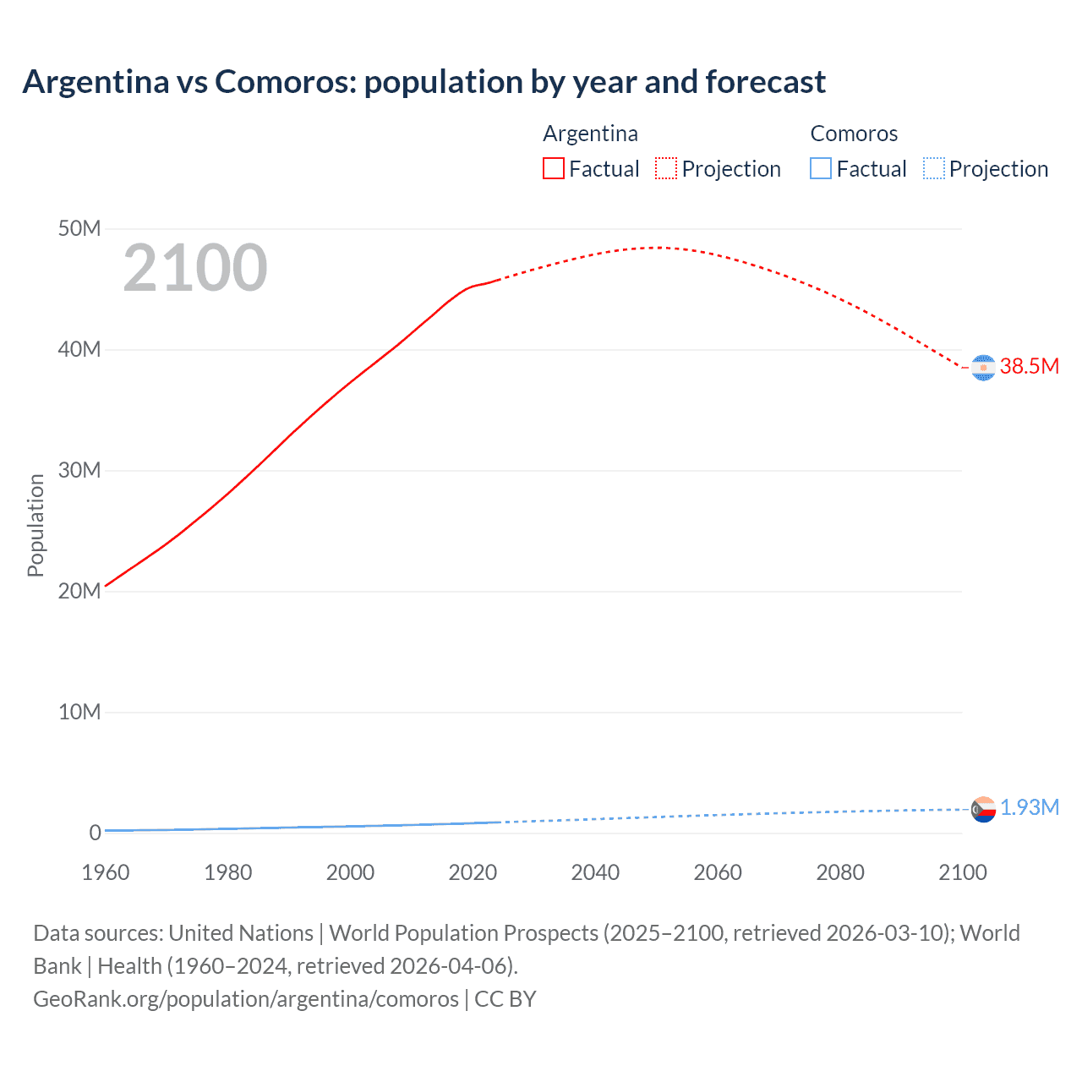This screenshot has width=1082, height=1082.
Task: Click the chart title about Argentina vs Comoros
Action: click(424, 82)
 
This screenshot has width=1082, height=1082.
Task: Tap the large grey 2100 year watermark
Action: click(195, 268)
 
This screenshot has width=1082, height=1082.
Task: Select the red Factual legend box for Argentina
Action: click(554, 169)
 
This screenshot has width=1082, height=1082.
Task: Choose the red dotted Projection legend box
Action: click(666, 169)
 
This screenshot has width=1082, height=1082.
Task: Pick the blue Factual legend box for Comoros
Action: click(821, 169)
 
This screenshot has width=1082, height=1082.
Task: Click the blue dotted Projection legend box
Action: click(934, 169)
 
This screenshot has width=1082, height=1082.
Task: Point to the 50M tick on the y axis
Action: click(79, 229)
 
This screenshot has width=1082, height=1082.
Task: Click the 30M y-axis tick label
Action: click(79, 471)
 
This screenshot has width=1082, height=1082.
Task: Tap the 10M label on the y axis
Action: click(79, 713)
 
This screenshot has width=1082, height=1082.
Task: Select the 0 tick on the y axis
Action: click(95, 833)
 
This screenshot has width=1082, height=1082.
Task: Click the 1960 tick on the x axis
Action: click(106, 872)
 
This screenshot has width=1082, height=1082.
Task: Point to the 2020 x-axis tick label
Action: click(473, 872)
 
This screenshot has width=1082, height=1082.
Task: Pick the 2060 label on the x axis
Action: click(718, 872)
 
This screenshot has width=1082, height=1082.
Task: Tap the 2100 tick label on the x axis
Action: click(962, 872)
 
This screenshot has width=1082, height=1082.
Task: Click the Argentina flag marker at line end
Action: click(983, 368)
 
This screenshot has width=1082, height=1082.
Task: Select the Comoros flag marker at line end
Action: click(983, 810)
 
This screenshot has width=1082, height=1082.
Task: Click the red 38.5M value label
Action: click(1030, 367)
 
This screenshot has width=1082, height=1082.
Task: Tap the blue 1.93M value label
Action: click(1030, 808)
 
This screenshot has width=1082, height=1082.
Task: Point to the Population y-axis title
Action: click(36, 525)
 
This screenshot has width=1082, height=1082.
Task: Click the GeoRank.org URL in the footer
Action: click(246, 999)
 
